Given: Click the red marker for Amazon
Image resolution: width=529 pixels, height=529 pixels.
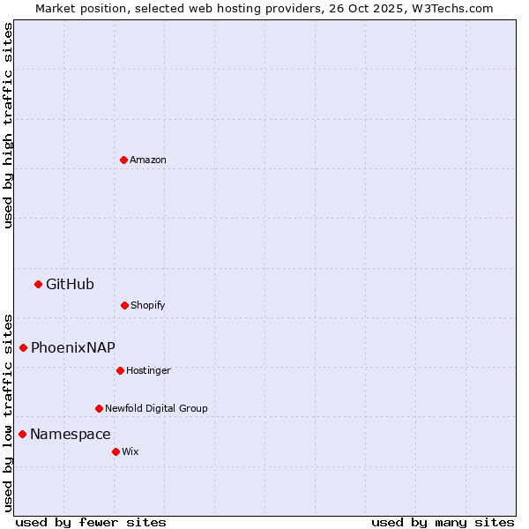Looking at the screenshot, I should [123, 160].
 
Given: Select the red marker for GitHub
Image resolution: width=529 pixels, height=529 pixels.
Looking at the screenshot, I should [38, 284].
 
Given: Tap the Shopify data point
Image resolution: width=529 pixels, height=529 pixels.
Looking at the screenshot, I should [124, 305].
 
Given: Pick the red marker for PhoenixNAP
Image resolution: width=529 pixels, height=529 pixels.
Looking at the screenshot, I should [23, 347].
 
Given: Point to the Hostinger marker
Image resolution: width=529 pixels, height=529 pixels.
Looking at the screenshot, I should [120, 370].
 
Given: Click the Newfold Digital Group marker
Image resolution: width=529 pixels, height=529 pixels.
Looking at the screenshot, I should [99, 408].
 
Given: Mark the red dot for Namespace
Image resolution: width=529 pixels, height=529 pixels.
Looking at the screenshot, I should [22, 434].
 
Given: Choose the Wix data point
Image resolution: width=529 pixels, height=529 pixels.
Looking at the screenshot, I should [115, 451].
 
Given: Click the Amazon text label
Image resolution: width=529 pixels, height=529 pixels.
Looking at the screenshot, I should [148, 160].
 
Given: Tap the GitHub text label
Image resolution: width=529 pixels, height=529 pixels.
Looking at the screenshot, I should [70, 284].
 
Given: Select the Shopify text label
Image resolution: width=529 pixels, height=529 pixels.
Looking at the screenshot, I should [148, 305].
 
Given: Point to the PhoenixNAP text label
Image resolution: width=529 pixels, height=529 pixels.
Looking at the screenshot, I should [73, 347].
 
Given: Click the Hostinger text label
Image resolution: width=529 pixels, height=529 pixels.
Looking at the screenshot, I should [148, 370].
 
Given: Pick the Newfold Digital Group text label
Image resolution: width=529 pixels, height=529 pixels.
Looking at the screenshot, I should [156, 408].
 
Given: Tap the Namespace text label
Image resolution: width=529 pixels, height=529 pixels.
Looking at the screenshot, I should [71, 434].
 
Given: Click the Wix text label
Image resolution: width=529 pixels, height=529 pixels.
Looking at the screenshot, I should [130, 451].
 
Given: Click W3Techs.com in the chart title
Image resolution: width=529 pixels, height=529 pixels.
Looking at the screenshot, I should [455, 8].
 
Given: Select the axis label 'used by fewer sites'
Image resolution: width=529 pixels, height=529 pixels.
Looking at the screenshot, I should [91, 522].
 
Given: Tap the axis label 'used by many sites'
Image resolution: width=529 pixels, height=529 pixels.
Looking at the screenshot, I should [443, 522].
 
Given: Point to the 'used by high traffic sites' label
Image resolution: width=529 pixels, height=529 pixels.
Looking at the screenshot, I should [8, 125].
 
